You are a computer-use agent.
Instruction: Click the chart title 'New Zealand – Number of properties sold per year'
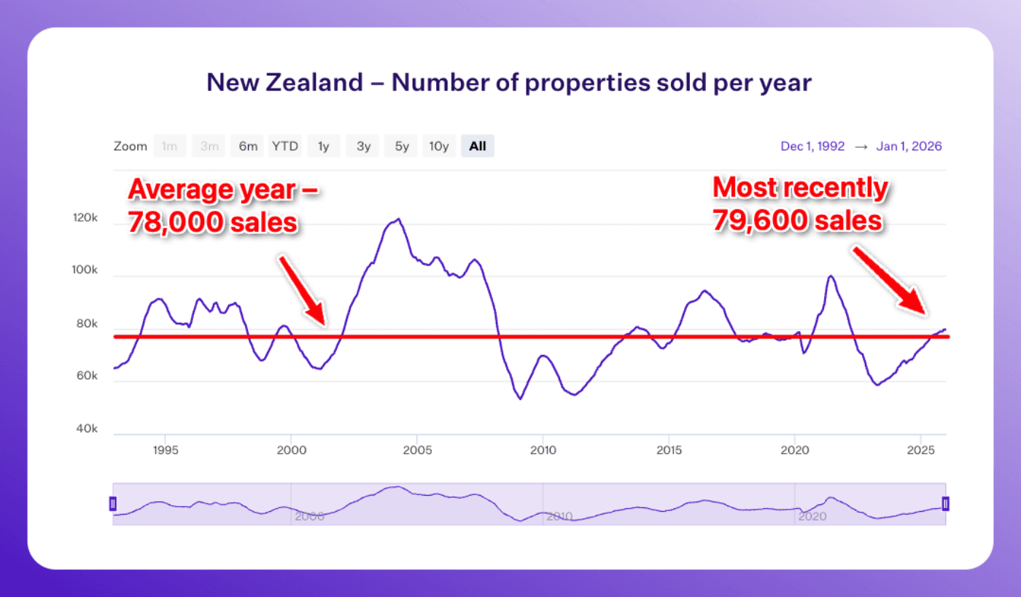point(508,82)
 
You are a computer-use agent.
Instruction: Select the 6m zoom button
point(248,147)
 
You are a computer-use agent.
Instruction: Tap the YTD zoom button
point(285,147)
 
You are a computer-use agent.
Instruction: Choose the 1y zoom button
point(323,147)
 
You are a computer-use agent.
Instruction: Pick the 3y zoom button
point(363,147)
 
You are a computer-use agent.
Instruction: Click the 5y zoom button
point(402,147)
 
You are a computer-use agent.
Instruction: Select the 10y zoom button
point(438,147)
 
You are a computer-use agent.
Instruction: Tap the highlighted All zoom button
point(478,147)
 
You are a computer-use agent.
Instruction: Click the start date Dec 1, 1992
point(812,147)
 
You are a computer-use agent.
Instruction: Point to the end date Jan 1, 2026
point(909,147)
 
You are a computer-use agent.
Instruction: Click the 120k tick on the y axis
point(86,218)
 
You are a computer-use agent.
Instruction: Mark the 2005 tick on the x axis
point(416,450)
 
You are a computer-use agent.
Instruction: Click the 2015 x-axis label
point(669,450)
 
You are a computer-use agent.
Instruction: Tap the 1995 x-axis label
point(166,450)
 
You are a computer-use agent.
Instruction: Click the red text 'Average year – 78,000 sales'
point(222,206)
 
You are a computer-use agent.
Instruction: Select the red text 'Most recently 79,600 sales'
point(800,203)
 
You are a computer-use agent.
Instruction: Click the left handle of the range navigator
point(113,503)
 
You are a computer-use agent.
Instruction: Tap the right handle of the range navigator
point(946,503)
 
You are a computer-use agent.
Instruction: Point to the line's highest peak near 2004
point(398,219)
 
